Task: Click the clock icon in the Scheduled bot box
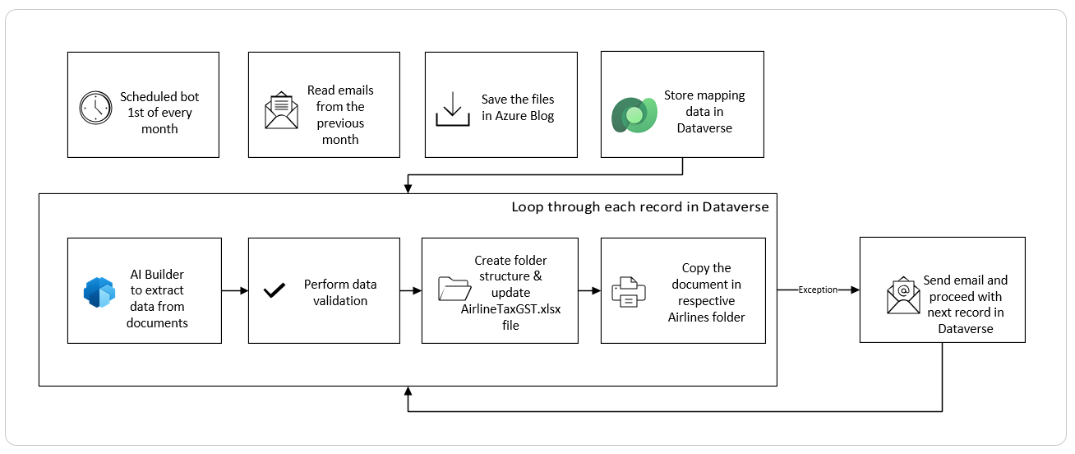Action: [x=95, y=108]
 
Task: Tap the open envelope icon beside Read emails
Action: [x=281, y=110]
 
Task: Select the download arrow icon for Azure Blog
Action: [x=453, y=109]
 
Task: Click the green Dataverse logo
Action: [x=634, y=115]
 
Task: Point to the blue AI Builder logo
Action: [x=99, y=292]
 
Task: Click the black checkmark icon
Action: [x=275, y=290]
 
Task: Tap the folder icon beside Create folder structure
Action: [x=454, y=289]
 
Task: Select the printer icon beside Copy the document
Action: [x=629, y=292]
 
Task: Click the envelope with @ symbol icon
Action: [x=903, y=295]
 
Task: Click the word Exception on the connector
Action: [x=818, y=290]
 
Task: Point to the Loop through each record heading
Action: [x=640, y=207]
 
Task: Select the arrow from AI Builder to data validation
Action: [x=235, y=290]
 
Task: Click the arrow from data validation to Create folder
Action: [x=411, y=290]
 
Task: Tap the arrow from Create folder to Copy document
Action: [x=589, y=290]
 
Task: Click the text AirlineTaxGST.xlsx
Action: [x=510, y=309]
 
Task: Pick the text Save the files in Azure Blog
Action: [x=518, y=108]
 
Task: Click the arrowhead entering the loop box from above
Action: [x=408, y=189]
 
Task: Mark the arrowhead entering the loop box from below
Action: [x=408, y=391]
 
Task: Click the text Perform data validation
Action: [x=340, y=293]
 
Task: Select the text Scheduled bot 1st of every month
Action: [x=159, y=113]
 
